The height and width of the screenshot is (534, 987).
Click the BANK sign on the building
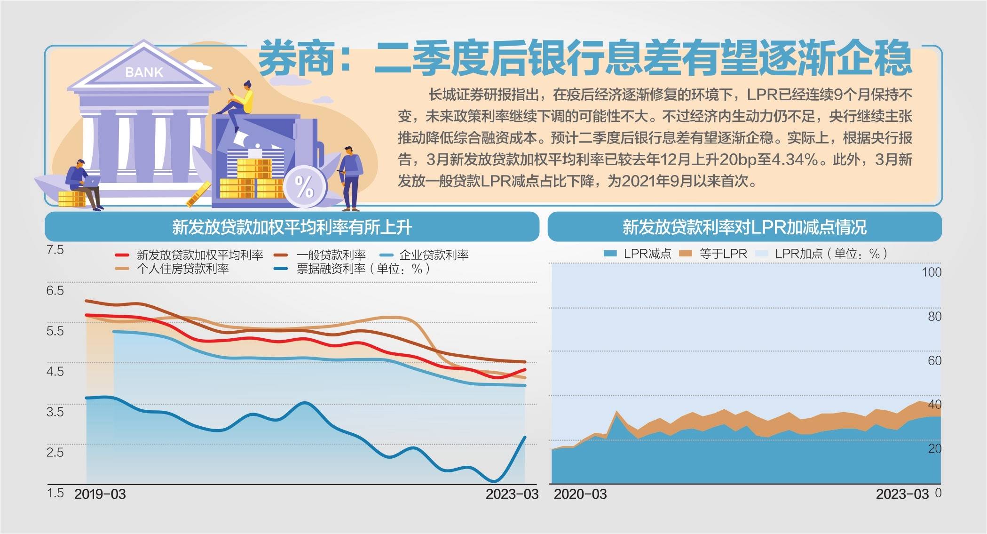(x=144, y=72)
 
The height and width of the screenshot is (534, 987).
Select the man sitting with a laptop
(x=82, y=183)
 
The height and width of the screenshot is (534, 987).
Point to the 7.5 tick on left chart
(x=55, y=250)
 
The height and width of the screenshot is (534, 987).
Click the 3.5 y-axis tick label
(x=55, y=412)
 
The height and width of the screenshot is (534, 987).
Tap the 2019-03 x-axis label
(x=100, y=494)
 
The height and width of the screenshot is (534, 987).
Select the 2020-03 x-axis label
(x=580, y=494)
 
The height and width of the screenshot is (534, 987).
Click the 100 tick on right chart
(x=931, y=272)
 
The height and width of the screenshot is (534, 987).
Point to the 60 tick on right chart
(x=934, y=360)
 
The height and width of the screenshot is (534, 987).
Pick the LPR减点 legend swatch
(x=610, y=254)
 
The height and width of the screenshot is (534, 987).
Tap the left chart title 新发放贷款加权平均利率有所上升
(x=292, y=227)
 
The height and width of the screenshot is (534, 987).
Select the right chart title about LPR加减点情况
(x=744, y=227)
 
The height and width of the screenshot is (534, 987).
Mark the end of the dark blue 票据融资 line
(x=525, y=437)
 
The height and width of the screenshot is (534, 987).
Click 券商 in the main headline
(x=297, y=59)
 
